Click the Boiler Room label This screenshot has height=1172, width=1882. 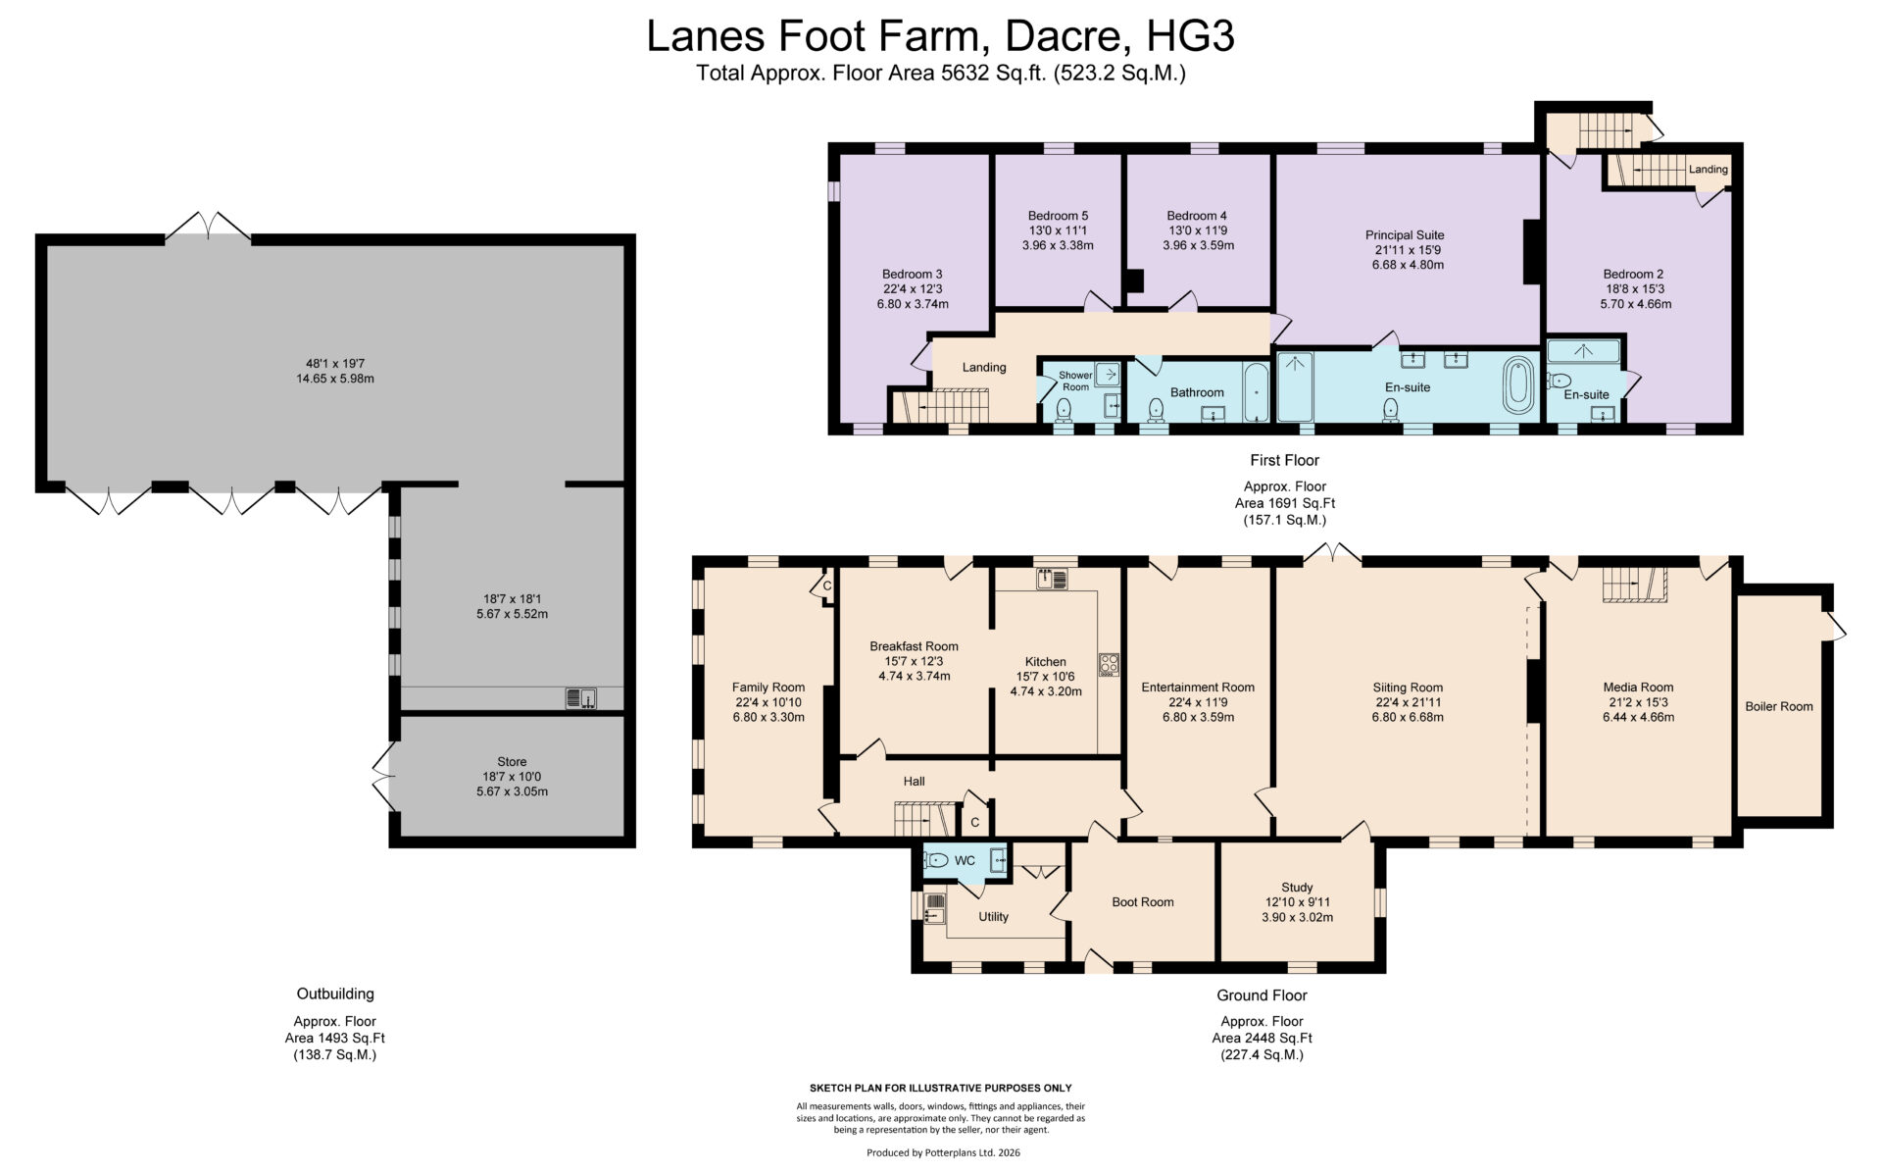coord(1778,706)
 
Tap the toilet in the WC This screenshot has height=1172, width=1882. coord(937,860)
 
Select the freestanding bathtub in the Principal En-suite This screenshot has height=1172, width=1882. coord(1517,385)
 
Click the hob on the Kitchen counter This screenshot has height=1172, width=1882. coord(1109,664)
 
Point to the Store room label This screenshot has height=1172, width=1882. coord(512,761)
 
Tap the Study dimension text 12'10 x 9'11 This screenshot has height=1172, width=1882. coord(1297,902)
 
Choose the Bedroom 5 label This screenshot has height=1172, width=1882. coord(1058,216)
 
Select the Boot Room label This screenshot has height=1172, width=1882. coord(1143,901)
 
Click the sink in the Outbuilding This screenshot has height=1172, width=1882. coord(580,698)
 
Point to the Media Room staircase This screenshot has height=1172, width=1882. coord(1634,585)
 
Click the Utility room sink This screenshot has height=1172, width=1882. coord(934,909)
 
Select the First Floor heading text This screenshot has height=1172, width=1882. coord(1284,460)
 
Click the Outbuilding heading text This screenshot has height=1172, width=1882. coord(335,994)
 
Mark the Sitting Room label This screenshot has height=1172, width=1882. coord(1408,688)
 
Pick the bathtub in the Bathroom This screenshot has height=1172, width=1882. coord(1256,391)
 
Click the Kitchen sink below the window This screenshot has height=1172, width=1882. coord(1052,579)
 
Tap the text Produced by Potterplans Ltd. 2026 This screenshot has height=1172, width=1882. coord(943,1152)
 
